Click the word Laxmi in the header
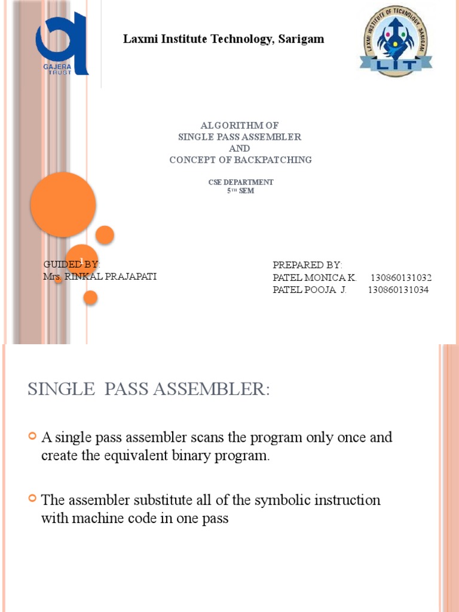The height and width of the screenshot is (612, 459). tap(138, 39)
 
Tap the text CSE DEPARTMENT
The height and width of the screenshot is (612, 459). tap(240, 182)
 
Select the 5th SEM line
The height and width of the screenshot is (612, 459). tap(240, 191)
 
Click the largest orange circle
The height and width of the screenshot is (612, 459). tap(63, 204)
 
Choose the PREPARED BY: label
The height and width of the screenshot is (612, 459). tap(307, 265)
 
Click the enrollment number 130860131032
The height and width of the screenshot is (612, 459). tap(400, 278)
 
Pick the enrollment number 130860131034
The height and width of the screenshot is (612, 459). tap(397, 290)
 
